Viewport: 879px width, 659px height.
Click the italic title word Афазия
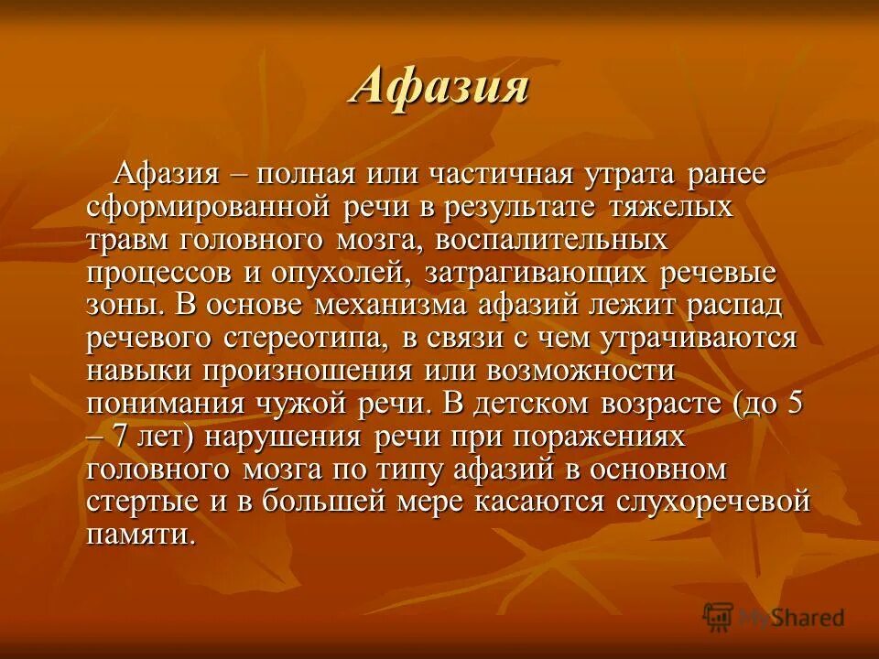[x=439, y=88]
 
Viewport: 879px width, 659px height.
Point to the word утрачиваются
[x=698, y=338]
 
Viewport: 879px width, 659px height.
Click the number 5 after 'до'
[x=794, y=404]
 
